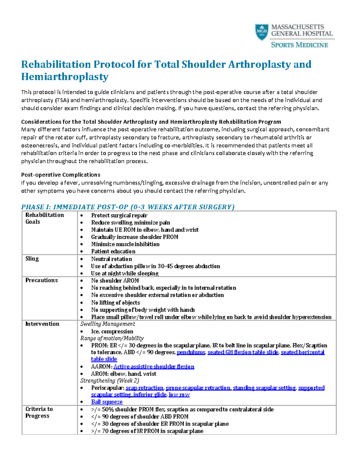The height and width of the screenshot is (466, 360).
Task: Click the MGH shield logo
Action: click(x=262, y=32)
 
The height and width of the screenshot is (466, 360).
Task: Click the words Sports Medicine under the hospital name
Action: click(x=299, y=45)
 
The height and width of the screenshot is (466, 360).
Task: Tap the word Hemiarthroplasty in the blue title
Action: click(x=64, y=77)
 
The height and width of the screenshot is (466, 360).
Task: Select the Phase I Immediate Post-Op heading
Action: click(x=128, y=207)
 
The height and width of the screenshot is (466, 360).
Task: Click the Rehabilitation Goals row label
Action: click(x=44, y=218)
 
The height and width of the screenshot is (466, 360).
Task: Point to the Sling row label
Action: click(x=32, y=259)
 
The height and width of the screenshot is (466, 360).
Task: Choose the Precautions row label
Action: click(x=41, y=280)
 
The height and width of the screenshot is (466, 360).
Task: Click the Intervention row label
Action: click(x=42, y=324)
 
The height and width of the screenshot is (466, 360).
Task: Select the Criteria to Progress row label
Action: click(x=39, y=412)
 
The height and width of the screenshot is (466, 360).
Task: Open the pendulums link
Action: click(x=191, y=352)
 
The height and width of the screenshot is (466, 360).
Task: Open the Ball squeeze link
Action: click(x=107, y=402)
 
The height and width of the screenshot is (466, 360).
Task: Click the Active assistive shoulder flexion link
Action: click(x=154, y=367)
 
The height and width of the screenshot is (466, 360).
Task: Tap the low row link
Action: click(x=179, y=395)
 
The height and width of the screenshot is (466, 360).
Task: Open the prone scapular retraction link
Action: click(x=198, y=388)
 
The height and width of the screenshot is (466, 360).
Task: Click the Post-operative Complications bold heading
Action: click(x=61, y=175)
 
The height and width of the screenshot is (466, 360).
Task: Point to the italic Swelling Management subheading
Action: click(x=108, y=324)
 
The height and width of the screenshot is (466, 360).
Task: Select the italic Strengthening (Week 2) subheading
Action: click(x=110, y=381)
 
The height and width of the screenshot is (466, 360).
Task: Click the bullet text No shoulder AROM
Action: click(x=115, y=281)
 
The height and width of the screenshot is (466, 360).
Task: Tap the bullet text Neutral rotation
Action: click(x=111, y=259)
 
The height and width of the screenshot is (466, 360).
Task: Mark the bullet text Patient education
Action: click(x=113, y=251)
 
